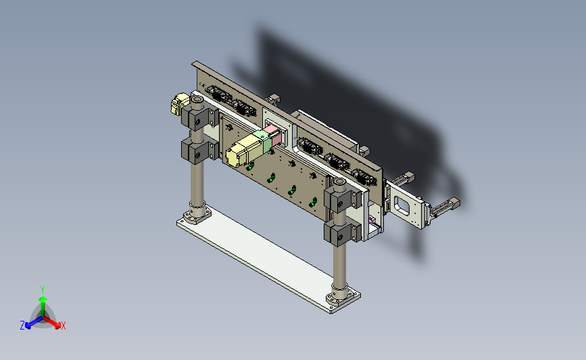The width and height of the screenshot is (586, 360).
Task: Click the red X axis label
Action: click(63, 326)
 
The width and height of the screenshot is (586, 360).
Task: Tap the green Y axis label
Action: click(43, 290)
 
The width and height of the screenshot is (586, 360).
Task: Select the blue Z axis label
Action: click(22, 326)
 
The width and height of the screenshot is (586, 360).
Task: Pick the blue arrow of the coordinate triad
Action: click(34, 323)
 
